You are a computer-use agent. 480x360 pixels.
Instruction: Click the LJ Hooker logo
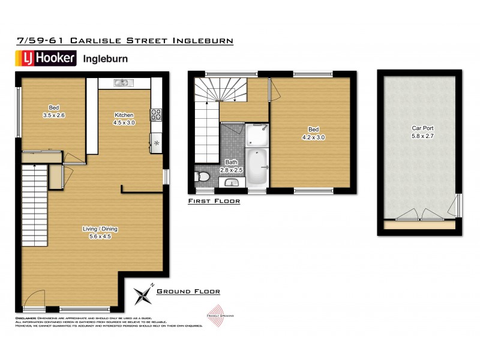tap(45, 58)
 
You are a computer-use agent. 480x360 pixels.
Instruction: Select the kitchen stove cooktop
tap(155, 112)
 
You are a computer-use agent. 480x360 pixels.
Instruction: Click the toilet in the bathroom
tap(202, 177)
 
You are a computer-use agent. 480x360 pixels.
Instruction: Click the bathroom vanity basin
tap(231, 182)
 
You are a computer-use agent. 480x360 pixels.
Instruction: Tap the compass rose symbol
tap(145, 295)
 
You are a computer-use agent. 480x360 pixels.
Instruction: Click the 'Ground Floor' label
tap(188, 292)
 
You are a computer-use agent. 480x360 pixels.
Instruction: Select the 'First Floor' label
tap(214, 202)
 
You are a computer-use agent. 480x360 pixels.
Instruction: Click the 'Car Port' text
tap(422, 128)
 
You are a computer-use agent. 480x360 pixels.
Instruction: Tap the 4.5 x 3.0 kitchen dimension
tap(124, 122)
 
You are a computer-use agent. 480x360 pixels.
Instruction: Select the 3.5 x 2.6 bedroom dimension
tap(53, 115)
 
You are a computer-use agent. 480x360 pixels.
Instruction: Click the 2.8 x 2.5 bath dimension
tap(231, 170)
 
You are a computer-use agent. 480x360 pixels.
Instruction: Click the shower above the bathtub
tap(257, 133)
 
